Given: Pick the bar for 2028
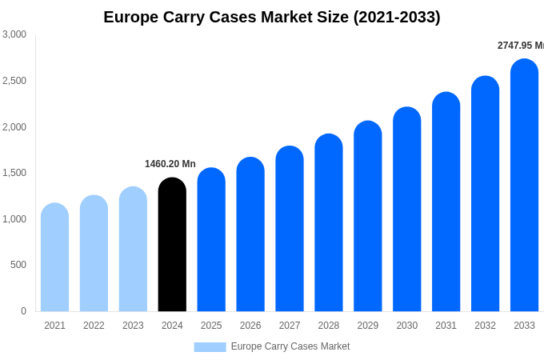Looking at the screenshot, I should [328, 223].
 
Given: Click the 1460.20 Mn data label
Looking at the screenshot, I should [170, 164].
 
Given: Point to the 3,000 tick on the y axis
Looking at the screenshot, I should [14, 34].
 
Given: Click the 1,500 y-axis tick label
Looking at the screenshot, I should [14, 173].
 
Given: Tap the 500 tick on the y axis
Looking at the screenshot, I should [18, 265].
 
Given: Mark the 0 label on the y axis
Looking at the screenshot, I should [23, 311].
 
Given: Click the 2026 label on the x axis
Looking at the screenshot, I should [250, 326].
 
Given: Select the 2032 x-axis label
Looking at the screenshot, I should [485, 326].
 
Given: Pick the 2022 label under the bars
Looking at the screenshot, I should [94, 326].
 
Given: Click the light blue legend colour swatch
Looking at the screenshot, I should [210, 347].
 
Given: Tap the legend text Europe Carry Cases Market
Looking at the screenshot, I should [290, 346].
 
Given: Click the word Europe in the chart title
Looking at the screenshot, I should [132, 17].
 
